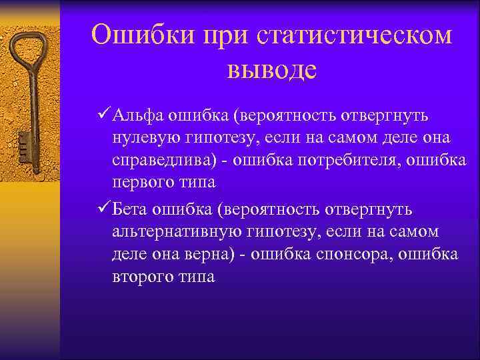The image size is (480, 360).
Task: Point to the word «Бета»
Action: coord(133,210)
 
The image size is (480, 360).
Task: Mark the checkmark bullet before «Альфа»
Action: coord(103,116)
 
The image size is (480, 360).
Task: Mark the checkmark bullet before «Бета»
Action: coord(103,210)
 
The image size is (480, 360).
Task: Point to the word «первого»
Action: coord(141,183)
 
